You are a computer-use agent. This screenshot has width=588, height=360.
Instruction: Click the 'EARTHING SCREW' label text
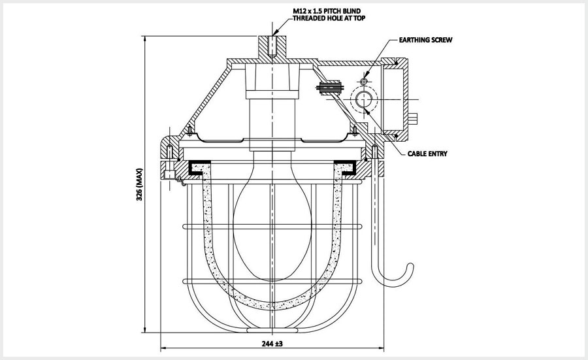[425, 40]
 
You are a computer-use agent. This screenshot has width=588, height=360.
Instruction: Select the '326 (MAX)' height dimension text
[140, 184]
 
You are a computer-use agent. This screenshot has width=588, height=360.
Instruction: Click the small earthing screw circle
[363, 80]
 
